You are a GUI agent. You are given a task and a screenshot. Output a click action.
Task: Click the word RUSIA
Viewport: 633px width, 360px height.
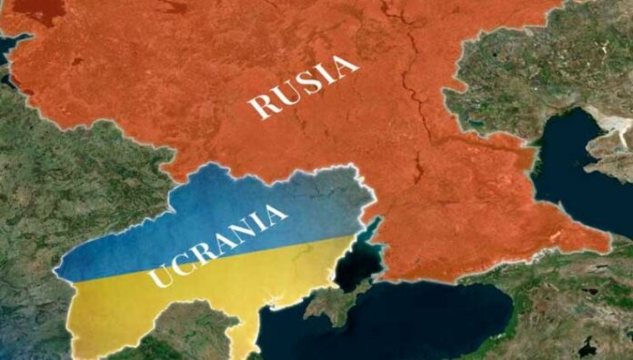coord(303,86)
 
